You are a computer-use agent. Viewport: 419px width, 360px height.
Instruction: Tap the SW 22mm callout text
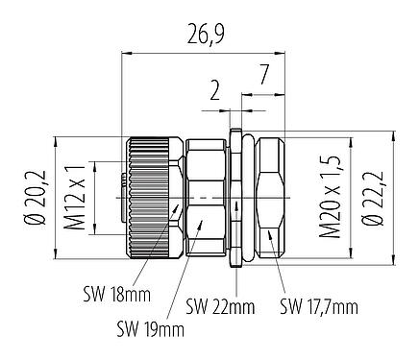(x=220, y=307)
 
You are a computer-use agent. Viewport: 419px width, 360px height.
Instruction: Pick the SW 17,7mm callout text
(x=317, y=307)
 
